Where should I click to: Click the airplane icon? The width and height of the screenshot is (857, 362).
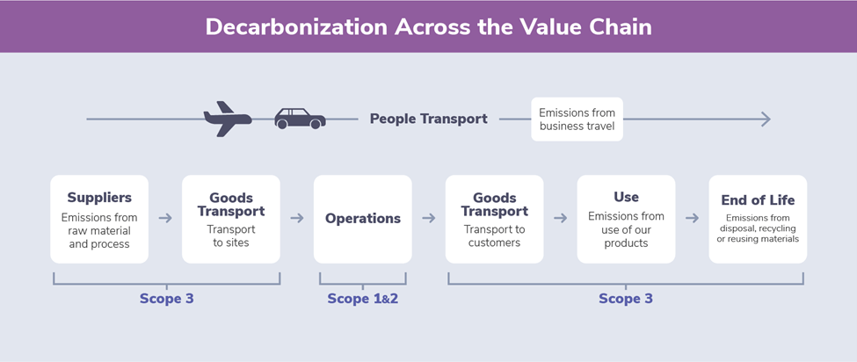click(x=228, y=119)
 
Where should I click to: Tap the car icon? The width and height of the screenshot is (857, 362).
click(x=300, y=118)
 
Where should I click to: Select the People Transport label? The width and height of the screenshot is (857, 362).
click(x=429, y=119)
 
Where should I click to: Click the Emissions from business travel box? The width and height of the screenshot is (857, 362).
click(x=577, y=119)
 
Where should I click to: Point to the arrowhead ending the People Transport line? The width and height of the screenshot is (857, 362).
click(x=766, y=119)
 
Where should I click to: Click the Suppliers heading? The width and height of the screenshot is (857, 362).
click(x=99, y=197)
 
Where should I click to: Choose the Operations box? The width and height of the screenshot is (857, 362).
click(x=363, y=219)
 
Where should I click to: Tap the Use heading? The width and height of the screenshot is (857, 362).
click(x=627, y=197)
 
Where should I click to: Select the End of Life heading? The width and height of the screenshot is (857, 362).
click(x=758, y=199)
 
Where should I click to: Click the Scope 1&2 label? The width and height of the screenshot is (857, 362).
click(x=363, y=299)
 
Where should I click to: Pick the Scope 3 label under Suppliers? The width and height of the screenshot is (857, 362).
click(x=167, y=299)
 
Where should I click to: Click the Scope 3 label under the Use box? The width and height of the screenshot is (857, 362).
click(x=626, y=299)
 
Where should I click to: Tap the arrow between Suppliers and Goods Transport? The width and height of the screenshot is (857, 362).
click(x=165, y=219)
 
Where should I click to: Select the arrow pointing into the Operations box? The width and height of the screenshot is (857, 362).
click(x=297, y=219)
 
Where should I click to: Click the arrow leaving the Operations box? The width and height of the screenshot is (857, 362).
click(x=429, y=219)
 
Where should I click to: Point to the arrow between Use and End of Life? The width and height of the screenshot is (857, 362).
click(x=693, y=219)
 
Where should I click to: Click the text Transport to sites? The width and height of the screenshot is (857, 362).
click(x=231, y=235)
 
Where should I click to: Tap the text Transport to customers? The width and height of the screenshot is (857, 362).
click(x=494, y=235)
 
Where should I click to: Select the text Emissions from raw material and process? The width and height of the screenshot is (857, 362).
click(x=99, y=230)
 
